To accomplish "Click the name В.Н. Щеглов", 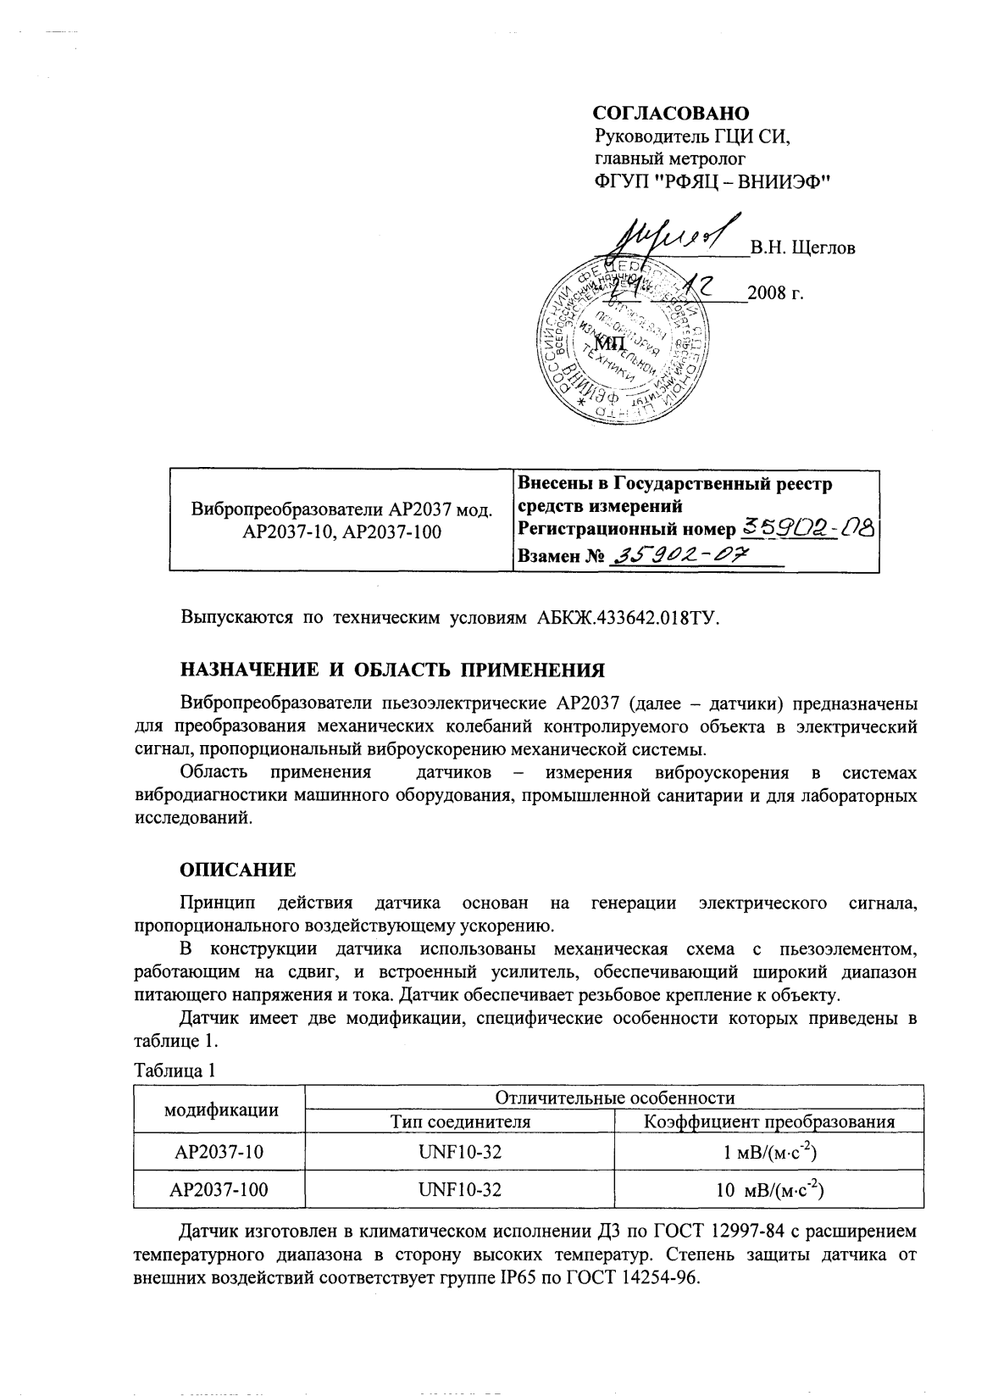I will [801, 247].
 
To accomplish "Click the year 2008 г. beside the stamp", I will [776, 294].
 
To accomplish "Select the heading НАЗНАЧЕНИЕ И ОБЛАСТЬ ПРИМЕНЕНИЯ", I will [393, 670].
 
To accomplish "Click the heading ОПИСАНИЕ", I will [238, 870].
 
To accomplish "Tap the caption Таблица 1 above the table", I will [175, 1070].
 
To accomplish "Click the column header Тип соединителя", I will [460, 1121].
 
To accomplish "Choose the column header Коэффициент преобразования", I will [769, 1121].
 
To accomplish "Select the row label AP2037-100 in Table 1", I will [219, 1189].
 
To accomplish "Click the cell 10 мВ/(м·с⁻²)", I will [769, 1189].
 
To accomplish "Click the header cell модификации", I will [220, 1110].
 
